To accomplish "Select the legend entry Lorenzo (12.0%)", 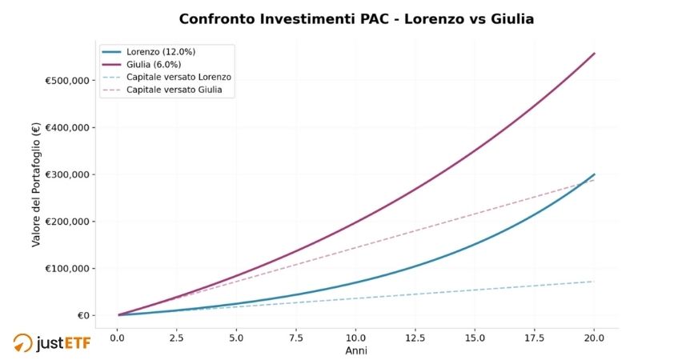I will pos(161,52).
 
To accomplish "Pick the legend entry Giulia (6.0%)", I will pos(157,65).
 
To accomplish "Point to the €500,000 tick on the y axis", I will pos(67,81).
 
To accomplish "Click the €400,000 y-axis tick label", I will pos(67,128).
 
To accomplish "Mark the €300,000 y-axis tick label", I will pos(67,174).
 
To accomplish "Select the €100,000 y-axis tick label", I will pos(67,269).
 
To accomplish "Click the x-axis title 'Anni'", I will pos(355,351).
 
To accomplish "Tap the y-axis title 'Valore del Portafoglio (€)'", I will pos(36,185).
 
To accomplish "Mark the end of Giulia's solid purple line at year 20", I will pos(594,54).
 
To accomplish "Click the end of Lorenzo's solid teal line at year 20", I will pos(594,174).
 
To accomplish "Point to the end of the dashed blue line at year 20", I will pos(594,281).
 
